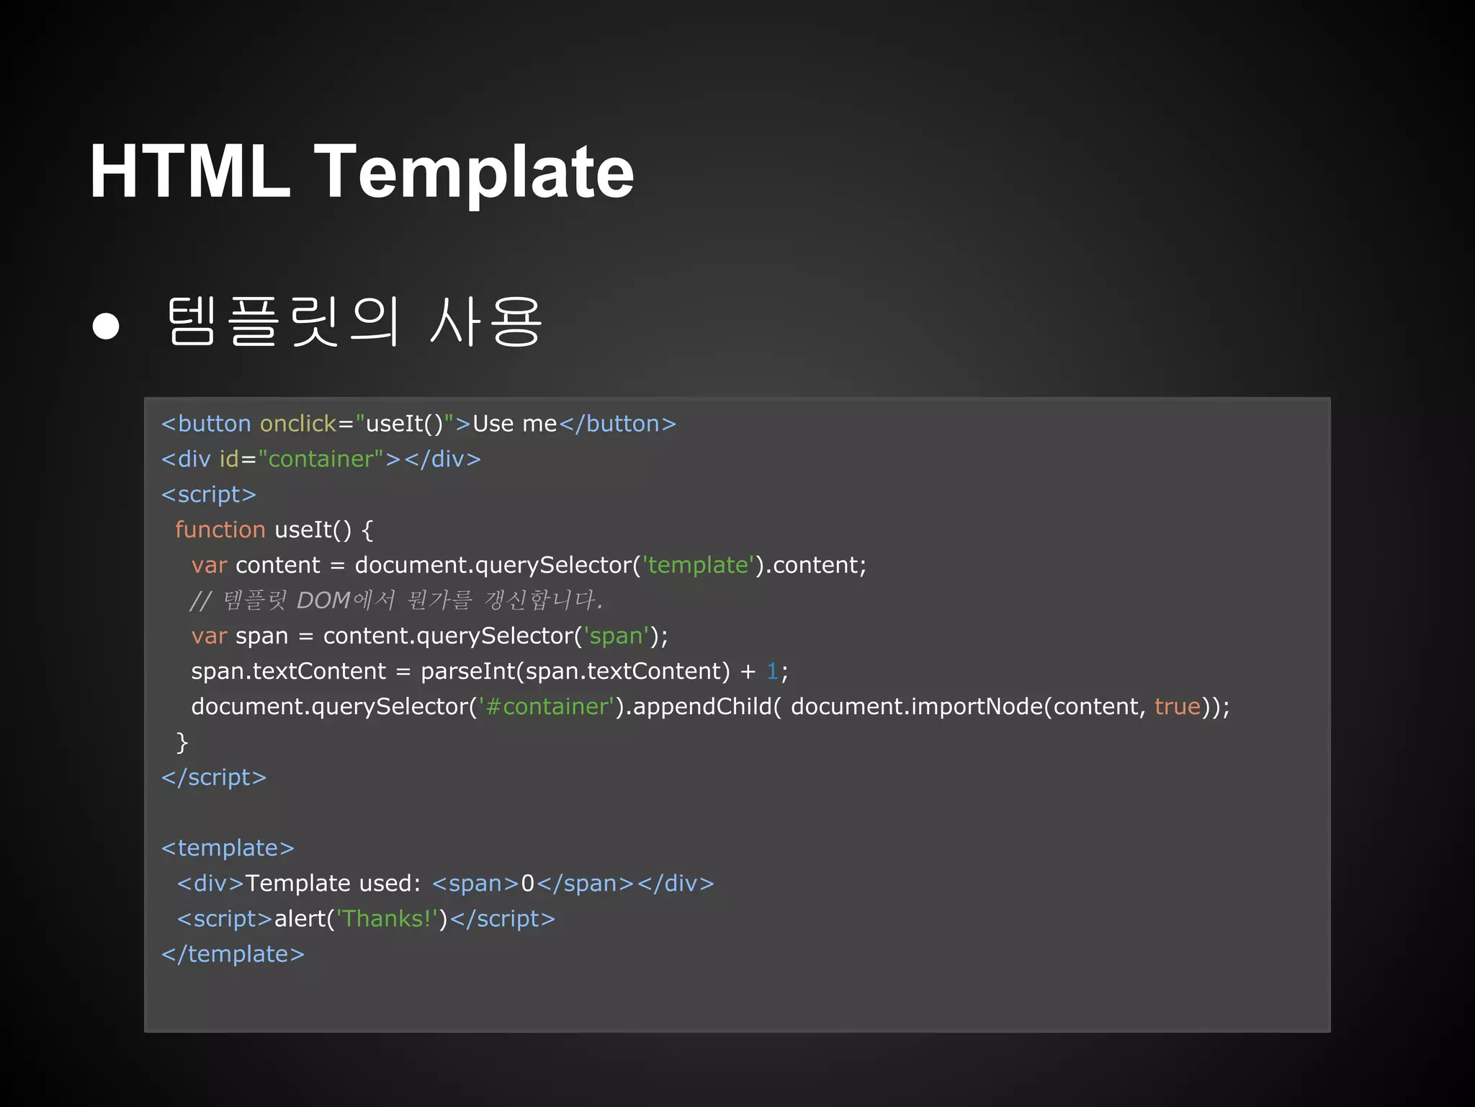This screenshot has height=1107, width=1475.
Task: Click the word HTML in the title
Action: (x=189, y=172)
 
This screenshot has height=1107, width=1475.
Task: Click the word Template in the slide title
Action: (x=474, y=172)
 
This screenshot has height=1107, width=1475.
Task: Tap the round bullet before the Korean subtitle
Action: (x=106, y=326)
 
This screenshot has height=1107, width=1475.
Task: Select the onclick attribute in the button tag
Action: (x=297, y=424)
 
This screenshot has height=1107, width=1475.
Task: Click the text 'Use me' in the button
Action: (x=514, y=424)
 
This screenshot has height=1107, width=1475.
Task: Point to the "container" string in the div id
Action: (x=320, y=459)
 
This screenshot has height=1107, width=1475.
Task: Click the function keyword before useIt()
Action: (x=220, y=530)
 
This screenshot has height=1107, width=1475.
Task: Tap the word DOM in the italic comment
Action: (x=323, y=600)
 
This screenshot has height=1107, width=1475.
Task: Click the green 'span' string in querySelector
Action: (x=616, y=636)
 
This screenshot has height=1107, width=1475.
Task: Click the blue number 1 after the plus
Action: (x=772, y=671)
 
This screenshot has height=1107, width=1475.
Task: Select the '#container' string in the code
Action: (x=547, y=706)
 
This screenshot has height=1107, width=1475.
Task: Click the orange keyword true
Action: (x=1178, y=706)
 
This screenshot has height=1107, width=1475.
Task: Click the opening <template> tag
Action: (x=228, y=848)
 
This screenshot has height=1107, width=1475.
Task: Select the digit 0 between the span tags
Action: (x=527, y=884)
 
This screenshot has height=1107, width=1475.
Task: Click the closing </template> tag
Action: (x=233, y=954)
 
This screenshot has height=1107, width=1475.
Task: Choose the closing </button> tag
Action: (x=617, y=424)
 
